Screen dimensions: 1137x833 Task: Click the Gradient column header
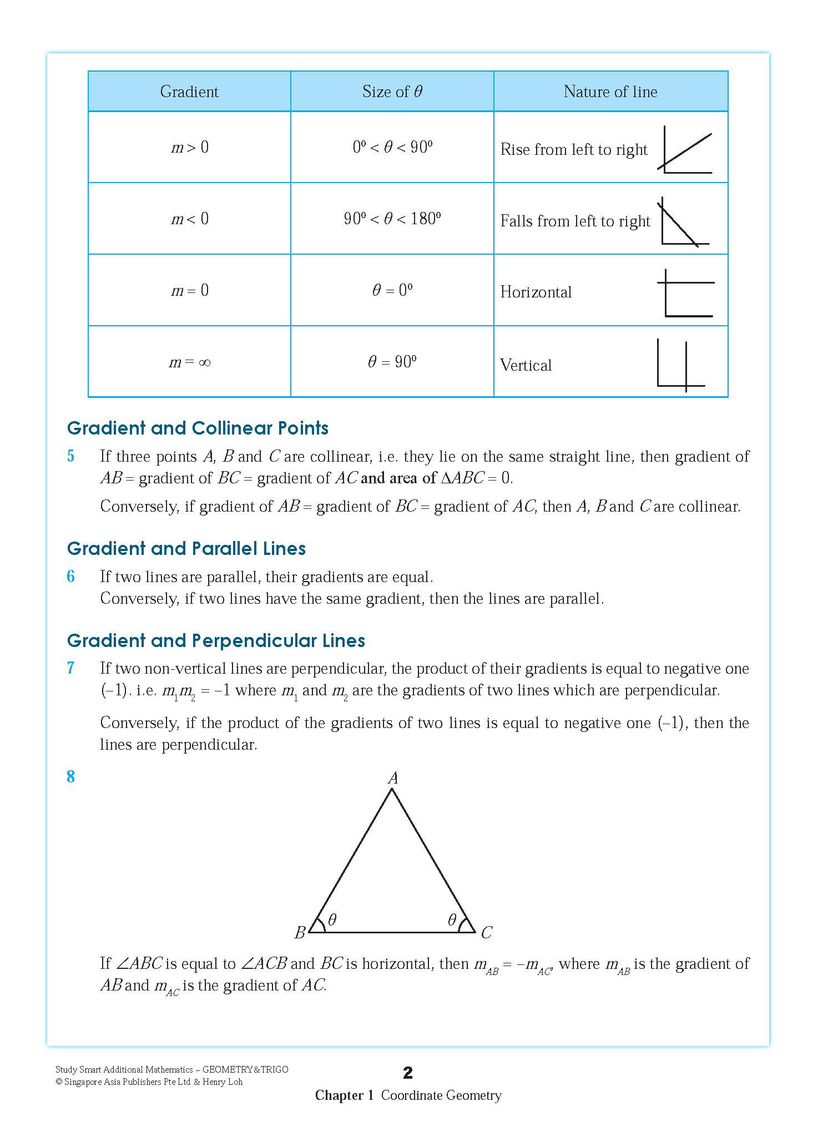(x=189, y=92)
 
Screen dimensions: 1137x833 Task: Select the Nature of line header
(x=610, y=92)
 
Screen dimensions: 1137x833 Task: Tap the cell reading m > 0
(x=190, y=147)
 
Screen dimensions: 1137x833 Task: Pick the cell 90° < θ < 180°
(x=392, y=219)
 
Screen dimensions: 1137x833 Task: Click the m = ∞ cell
(x=190, y=362)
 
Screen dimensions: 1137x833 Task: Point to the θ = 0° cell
(x=392, y=290)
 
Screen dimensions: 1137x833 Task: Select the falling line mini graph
(x=683, y=222)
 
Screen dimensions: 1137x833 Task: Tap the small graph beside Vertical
(x=680, y=365)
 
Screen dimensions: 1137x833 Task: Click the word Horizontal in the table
(x=536, y=292)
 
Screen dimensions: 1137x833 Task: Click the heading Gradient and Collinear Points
(x=198, y=428)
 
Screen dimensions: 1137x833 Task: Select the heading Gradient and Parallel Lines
(x=186, y=549)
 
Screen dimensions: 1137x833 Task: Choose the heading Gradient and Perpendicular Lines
(x=216, y=641)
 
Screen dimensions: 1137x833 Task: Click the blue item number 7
(x=70, y=668)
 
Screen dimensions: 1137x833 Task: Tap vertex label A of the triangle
(x=393, y=778)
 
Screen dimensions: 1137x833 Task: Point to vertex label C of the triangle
(x=487, y=933)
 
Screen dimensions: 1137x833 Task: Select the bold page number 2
(x=408, y=1073)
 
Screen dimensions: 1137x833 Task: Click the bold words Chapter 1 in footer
(x=344, y=1095)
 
